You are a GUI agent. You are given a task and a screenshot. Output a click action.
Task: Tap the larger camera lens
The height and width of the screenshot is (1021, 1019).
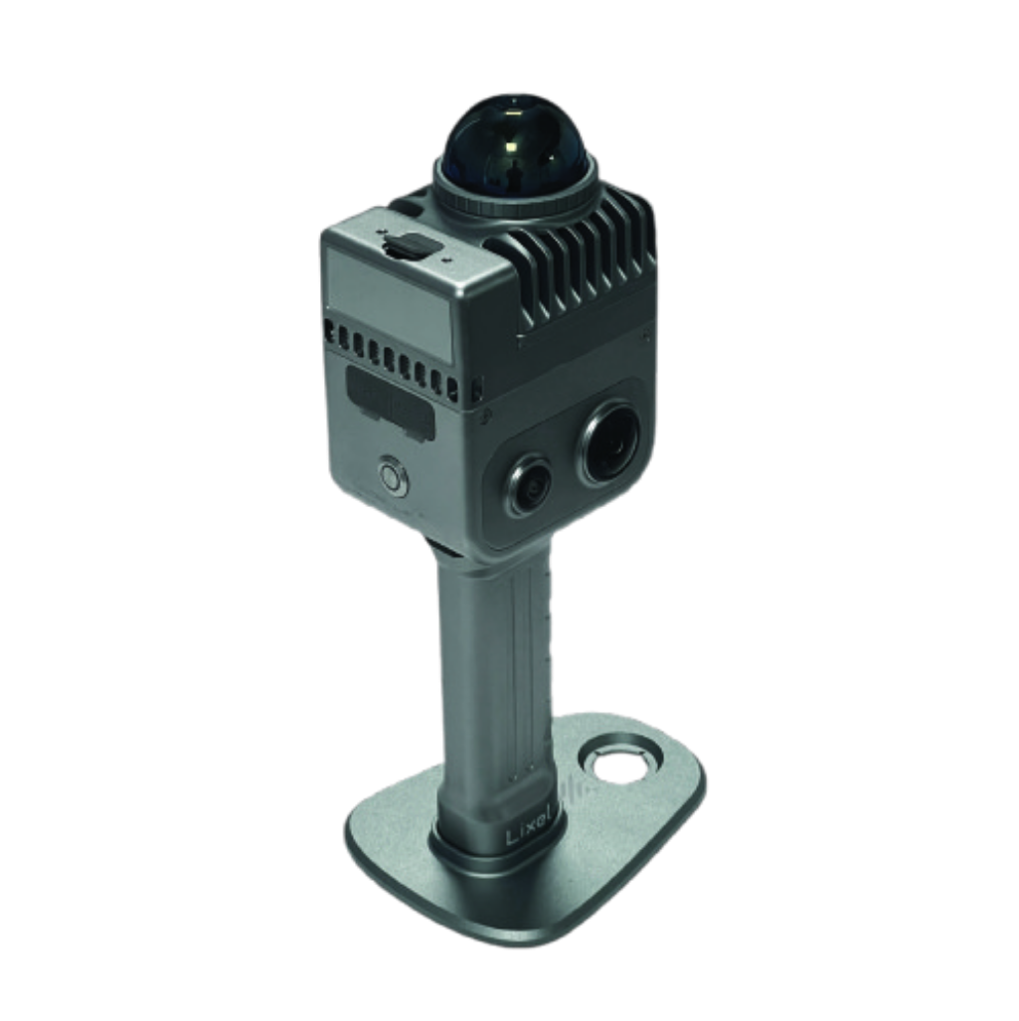609,443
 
